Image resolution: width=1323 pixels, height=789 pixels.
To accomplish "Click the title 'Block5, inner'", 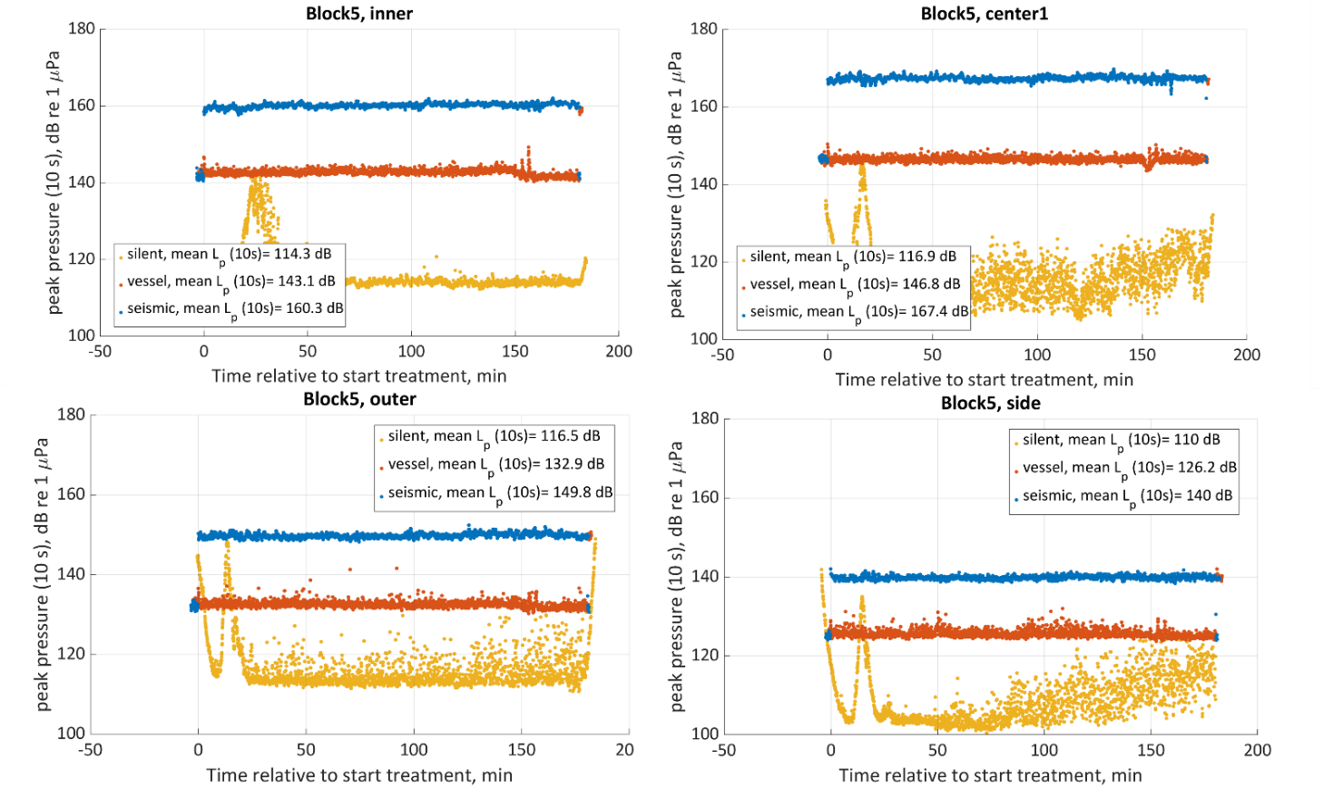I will (359, 14).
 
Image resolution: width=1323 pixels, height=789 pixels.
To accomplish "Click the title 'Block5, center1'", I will (984, 14).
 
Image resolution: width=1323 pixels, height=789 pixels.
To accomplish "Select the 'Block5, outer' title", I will (359, 399).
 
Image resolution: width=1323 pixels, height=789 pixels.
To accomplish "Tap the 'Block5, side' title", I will (990, 404).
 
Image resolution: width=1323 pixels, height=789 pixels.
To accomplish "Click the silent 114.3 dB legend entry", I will (229, 255).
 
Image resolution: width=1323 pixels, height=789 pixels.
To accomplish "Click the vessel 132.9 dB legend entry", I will (495, 464).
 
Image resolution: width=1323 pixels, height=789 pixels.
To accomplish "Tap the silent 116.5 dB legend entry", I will (494, 436).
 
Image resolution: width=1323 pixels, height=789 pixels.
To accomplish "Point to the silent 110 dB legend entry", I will (1121, 440).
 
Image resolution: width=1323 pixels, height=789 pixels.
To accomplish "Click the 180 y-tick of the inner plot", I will (82, 29).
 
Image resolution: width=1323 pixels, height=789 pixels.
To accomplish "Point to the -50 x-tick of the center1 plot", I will (722, 355).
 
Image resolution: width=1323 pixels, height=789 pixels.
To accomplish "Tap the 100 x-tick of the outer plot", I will (414, 750).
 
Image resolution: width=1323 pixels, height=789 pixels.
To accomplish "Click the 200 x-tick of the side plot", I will (1258, 750).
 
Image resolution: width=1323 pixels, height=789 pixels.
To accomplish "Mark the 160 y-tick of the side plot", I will (705, 497).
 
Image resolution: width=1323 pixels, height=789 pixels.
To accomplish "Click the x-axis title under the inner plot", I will (359, 376).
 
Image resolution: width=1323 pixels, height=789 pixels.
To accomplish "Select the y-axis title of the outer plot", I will (42, 574).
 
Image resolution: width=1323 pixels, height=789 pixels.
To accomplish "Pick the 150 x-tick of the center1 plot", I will (1142, 355).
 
